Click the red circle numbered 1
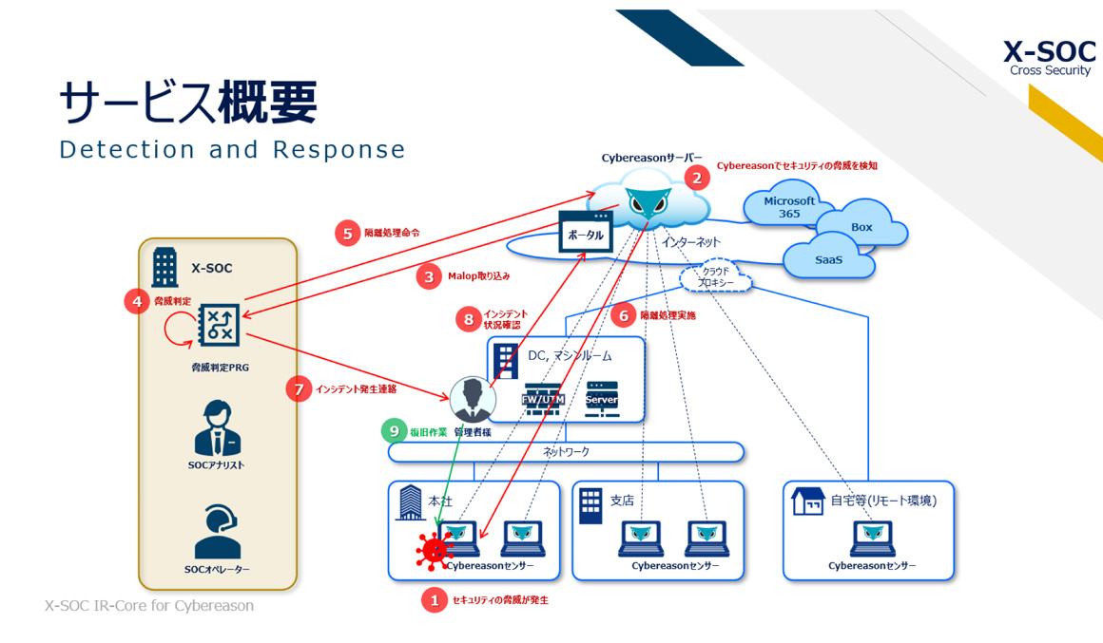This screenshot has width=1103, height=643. click(435, 599)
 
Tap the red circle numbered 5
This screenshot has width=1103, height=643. click(347, 233)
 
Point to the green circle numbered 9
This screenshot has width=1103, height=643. click(394, 431)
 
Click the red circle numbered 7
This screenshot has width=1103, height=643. click(299, 388)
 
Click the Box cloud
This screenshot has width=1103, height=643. click(861, 228)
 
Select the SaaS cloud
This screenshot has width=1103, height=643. click(828, 259)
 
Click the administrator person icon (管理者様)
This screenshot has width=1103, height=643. click(472, 399)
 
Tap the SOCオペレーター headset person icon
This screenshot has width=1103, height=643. click(217, 532)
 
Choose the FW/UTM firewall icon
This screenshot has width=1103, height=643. click(544, 398)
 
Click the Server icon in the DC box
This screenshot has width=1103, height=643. click(602, 398)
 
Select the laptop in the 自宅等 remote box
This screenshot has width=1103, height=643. click(872, 539)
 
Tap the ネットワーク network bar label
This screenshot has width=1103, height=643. click(566, 452)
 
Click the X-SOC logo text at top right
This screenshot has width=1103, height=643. click(1049, 52)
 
